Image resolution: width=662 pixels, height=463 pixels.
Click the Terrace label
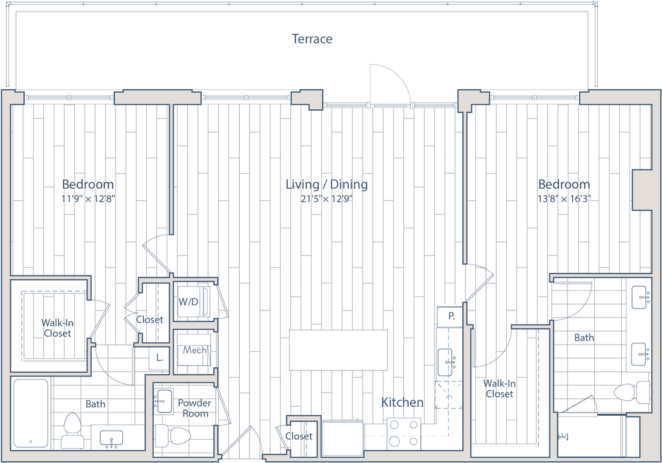312,39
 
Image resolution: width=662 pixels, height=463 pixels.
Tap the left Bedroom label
88,184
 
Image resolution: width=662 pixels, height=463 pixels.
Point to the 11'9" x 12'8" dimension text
88,199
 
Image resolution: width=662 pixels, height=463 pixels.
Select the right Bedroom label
564,184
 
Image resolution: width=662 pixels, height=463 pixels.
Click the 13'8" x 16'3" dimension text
564,199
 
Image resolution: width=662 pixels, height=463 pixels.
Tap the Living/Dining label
327,184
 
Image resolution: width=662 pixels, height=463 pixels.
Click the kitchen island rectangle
338,350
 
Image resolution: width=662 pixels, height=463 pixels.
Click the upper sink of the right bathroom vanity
639,298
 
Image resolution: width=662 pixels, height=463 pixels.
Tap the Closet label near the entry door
299,436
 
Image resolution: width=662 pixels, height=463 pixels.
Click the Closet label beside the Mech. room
150,319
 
